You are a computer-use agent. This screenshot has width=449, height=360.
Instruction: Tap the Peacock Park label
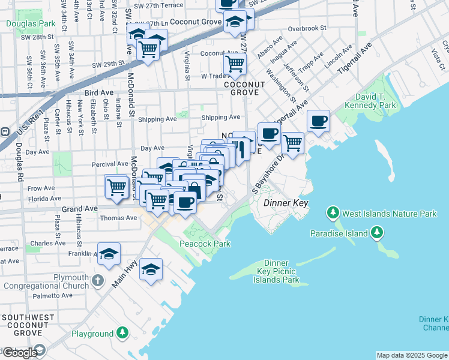pyautogui.click(x=205, y=244)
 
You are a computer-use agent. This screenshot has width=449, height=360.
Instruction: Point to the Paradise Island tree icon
pyautogui.click(x=376, y=232)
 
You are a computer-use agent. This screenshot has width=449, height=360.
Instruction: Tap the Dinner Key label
pyautogui.click(x=286, y=203)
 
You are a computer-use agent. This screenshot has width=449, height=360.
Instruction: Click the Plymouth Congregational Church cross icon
pyautogui.click(x=98, y=281)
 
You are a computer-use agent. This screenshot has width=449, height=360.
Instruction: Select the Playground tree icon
pyautogui.click(x=122, y=333)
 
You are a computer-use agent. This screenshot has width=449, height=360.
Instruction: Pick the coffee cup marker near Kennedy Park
pyautogui.click(x=318, y=121)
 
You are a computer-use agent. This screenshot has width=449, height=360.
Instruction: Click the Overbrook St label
pyautogui.click(x=306, y=28)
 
